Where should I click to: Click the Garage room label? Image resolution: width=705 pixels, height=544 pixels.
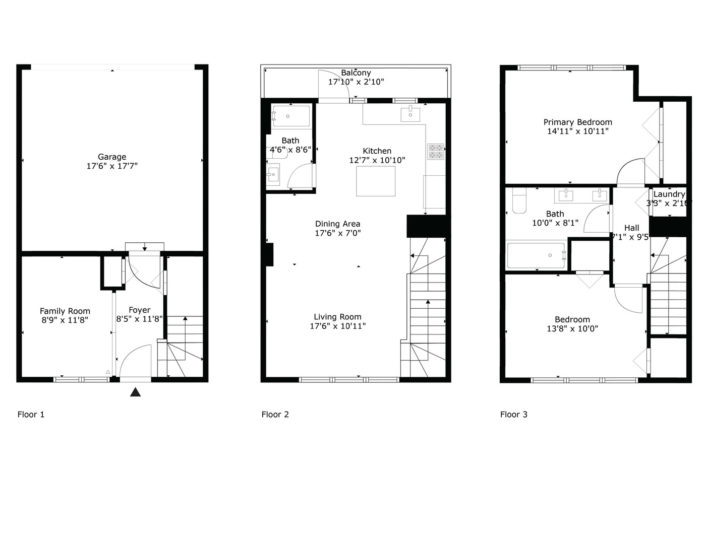[112, 157]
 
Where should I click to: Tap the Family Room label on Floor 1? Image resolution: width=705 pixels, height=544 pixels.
[65, 311]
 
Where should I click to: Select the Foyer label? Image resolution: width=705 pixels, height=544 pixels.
[140, 310]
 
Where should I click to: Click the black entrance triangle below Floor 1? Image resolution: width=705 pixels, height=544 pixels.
[135, 392]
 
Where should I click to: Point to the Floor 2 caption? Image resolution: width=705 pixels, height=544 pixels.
[275, 415]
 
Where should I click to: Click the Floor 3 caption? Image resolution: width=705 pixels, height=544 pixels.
[513, 415]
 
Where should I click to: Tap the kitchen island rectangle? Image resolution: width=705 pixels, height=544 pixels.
[376, 181]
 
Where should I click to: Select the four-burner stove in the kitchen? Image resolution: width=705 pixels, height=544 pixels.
[436, 152]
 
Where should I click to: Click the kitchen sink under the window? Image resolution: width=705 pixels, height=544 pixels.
[410, 114]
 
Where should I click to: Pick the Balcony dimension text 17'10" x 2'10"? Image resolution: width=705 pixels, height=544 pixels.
[356, 82]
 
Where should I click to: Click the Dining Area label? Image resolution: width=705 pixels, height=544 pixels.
[338, 224]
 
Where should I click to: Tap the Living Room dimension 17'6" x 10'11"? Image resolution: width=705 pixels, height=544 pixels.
[338, 326]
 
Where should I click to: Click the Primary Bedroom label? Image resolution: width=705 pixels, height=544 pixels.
[578, 122]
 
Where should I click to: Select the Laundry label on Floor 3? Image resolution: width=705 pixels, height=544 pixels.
[669, 194]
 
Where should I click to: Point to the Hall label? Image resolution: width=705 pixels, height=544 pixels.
[631, 228]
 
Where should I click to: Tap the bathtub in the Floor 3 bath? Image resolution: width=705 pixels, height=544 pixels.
[536, 255]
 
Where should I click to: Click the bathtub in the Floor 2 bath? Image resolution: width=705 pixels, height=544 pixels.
[290, 116]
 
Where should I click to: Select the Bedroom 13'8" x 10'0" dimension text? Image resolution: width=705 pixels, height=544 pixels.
[572, 328]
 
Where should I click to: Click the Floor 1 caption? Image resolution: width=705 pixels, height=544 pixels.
[31, 415]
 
